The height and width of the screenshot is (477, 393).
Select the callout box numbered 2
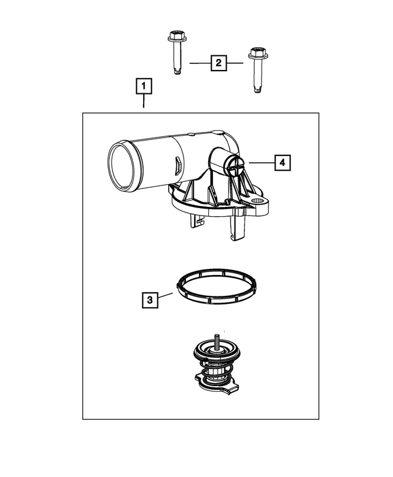218,63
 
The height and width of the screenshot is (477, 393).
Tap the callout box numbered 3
150,300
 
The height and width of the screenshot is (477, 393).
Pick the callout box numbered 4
282,163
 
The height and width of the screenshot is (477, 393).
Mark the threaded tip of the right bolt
259,91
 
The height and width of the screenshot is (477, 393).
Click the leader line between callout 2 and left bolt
199,63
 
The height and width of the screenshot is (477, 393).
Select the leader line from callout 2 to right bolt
236,63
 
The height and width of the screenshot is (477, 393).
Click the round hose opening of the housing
122,166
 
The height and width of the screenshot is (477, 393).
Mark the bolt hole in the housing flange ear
258,201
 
